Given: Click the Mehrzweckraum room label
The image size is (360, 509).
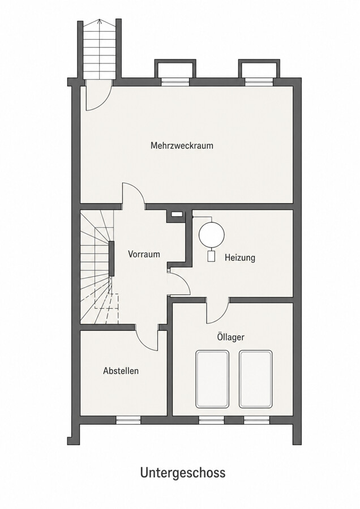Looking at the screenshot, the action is pyautogui.click(x=182, y=146).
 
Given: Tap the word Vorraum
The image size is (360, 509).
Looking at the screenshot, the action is pyautogui.click(x=144, y=254).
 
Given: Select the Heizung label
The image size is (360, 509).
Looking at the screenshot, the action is pyautogui.click(x=240, y=258).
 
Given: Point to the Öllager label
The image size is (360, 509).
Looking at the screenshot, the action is pyautogui.click(x=230, y=337).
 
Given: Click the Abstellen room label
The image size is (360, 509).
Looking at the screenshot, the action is pyautogui.click(x=121, y=371).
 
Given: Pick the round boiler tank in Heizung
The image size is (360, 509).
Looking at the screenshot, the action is pyautogui.click(x=212, y=234).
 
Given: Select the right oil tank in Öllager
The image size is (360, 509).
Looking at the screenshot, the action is pyautogui.click(x=255, y=379).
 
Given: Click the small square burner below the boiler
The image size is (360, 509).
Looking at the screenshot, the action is pyautogui.click(x=211, y=256).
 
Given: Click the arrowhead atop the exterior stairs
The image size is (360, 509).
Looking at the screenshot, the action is pyautogui.click(x=99, y=22).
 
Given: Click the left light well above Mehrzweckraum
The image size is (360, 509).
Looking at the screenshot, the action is pyautogui.click(x=175, y=69).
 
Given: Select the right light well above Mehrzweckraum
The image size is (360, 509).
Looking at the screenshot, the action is pyautogui.click(x=259, y=69).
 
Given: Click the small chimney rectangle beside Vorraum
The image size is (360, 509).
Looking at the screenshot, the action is pyautogui.click(x=177, y=214).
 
